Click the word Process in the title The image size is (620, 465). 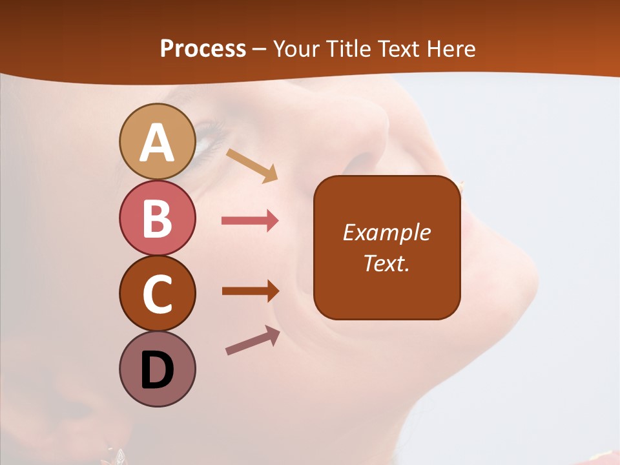coord(203,48)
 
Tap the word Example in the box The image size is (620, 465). coord(386,232)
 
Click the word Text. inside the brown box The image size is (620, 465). coord(386,263)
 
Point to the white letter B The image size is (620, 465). coord(157,219)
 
